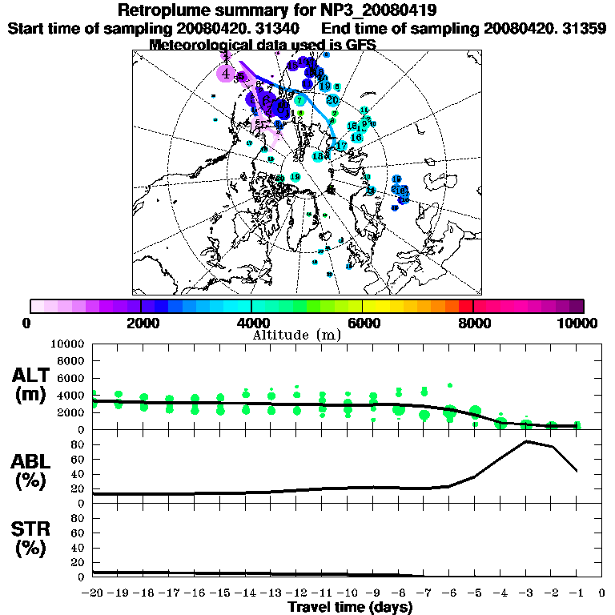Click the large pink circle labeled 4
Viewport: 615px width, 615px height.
(227, 74)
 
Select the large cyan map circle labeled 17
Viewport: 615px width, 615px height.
(341, 146)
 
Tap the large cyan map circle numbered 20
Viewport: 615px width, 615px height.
(332, 100)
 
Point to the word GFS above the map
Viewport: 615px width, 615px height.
(361, 45)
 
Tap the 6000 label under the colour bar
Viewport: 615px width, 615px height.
(363, 323)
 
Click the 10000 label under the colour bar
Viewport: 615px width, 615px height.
(578, 323)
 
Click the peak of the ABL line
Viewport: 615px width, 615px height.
(526, 441)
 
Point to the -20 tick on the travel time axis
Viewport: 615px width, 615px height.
(93, 593)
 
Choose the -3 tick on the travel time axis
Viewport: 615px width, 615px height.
(525, 593)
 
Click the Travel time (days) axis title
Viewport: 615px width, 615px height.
(350, 608)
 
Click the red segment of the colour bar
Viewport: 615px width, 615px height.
(466, 306)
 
